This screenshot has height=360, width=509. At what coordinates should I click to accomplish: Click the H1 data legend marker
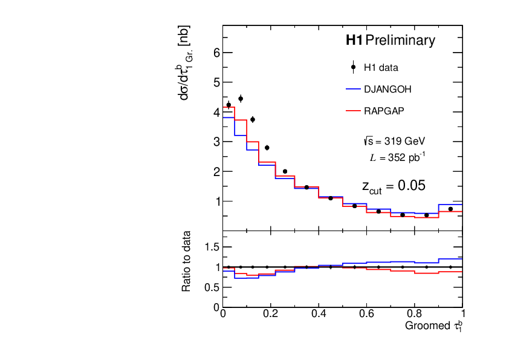click(354, 67)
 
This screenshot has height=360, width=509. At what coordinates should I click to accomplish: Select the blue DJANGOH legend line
click(354, 89)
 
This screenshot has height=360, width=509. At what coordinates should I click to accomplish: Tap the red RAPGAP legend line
click(354, 111)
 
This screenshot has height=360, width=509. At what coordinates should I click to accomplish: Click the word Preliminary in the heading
click(400, 41)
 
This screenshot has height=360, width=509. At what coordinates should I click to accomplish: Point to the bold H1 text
click(354, 41)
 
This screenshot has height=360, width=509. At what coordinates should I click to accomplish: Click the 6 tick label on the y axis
click(216, 53)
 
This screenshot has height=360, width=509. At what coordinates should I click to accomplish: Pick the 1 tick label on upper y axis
click(216, 201)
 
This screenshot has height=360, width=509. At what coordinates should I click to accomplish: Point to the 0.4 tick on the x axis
click(319, 314)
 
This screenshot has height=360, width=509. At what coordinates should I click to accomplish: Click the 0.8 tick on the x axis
click(414, 314)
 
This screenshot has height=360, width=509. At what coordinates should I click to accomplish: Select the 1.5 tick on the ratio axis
click(211, 247)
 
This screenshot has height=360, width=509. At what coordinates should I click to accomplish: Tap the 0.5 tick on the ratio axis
click(211, 287)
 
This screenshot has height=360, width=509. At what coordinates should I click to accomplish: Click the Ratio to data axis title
click(187, 261)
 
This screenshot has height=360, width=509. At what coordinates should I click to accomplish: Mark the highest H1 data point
click(241, 99)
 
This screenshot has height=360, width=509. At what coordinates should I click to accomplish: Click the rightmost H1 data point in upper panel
click(450, 209)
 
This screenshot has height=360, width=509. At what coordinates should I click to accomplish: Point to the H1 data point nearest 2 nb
click(285, 171)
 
